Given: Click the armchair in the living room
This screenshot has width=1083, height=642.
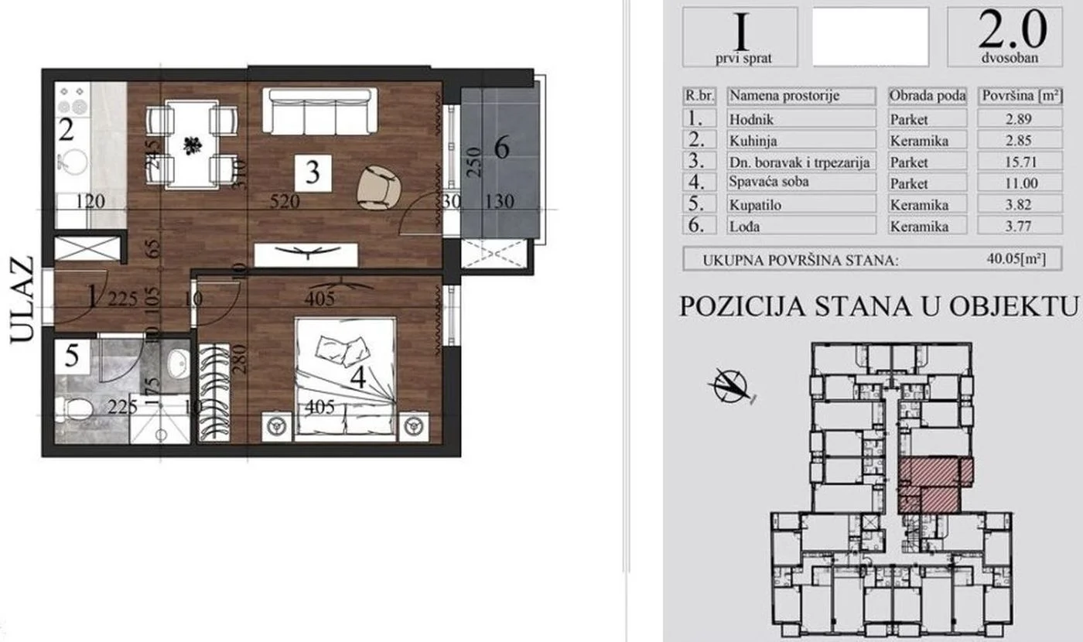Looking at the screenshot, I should click(379, 189).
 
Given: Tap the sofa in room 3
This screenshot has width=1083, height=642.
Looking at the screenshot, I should click(320, 111).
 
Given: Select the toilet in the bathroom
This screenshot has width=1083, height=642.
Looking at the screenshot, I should click(77, 408).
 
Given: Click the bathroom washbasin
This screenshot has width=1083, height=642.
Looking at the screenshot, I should click(177, 361).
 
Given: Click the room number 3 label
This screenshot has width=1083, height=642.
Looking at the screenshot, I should click(313, 172).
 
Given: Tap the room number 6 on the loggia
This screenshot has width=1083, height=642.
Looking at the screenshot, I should click(501, 147).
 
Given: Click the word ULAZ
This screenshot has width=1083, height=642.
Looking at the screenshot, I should click(22, 300).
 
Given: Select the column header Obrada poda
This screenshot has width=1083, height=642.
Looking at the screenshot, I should click(928, 97).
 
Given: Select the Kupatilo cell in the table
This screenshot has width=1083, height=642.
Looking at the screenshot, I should click(801, 204).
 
